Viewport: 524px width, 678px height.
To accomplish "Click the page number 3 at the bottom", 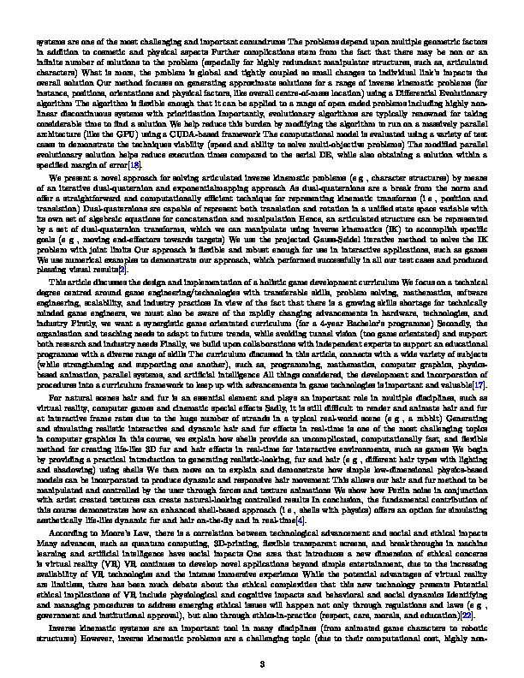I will click(x=262, y=638).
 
